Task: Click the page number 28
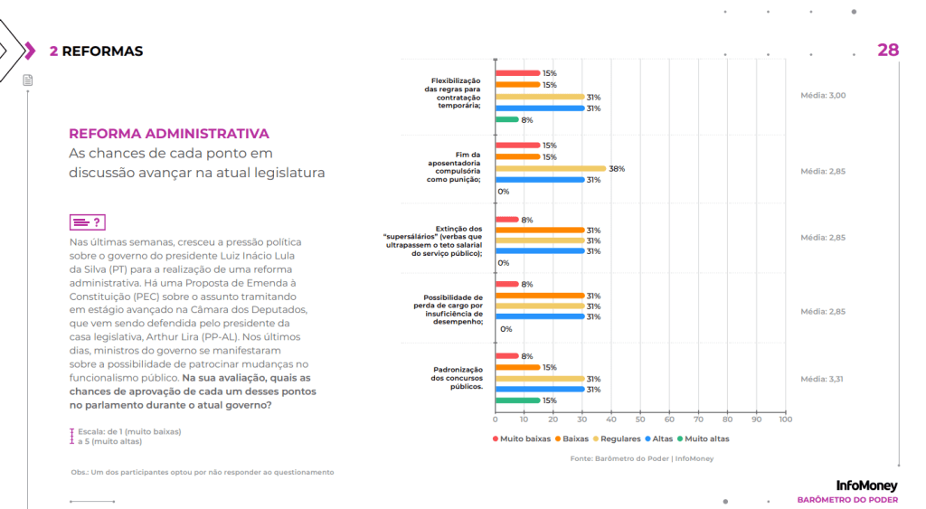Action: (x=888, y=51)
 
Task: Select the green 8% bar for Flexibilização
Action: (x=506, y=120)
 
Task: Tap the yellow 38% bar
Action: (x=551, y=168)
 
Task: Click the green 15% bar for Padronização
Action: (x=517, y=401)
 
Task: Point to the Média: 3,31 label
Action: (x=821, y=379)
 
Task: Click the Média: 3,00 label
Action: (x=823, y=95)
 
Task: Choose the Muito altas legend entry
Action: (x=704, y=438)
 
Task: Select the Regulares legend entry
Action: (x=617, y=438)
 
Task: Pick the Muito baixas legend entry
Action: (x=522, y=438)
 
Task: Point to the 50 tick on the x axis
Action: (x=640, y=419)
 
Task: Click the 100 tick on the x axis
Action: (x=785, y=419)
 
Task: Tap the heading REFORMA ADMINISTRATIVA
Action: (x=169, y=134)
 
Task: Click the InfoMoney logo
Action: (x=866, y=485)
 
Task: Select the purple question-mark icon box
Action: (x=88, y=222)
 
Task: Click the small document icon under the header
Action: (x=28, y=80)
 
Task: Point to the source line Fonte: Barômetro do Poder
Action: (x=641, y=458)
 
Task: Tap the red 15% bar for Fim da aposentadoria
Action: (x=517, y=146)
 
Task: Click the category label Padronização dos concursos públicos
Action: (x=457, y=378)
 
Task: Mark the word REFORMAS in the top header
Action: (x=102, y=52)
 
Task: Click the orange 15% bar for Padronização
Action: (x=517, y=367)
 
